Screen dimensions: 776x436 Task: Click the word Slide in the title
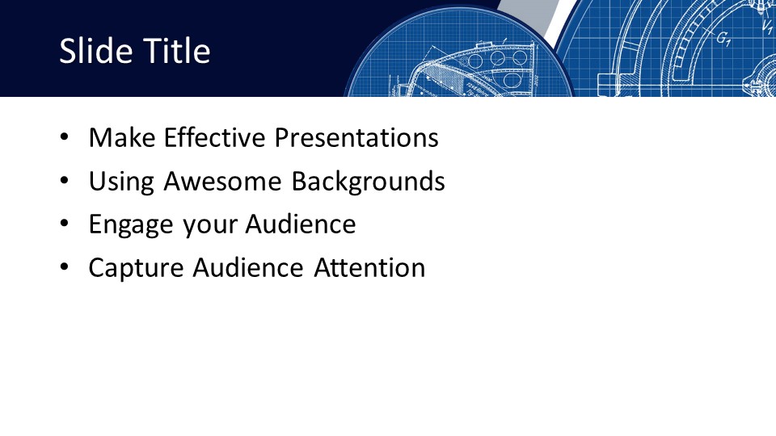(91, 50)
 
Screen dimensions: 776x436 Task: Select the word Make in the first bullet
(122, 137)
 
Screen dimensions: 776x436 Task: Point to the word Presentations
(356, 137)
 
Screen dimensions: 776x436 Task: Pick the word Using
(121, 182)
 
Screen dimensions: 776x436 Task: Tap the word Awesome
(223, 181)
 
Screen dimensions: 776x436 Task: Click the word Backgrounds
(368, 182)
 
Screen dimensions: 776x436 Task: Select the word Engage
(131, 225)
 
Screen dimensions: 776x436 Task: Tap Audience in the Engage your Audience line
(301, 224)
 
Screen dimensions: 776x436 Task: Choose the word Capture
(136, 268)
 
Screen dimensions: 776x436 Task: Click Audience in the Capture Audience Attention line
(248, 268)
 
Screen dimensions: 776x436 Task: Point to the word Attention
(369, 268)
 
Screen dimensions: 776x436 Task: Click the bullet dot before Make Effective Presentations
(65, 137)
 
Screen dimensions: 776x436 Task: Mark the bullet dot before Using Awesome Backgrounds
(65, 181)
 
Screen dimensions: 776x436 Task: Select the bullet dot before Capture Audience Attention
(65, 267)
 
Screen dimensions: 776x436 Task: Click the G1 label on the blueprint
(723, 39)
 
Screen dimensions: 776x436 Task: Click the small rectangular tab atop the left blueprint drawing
(483, 45)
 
